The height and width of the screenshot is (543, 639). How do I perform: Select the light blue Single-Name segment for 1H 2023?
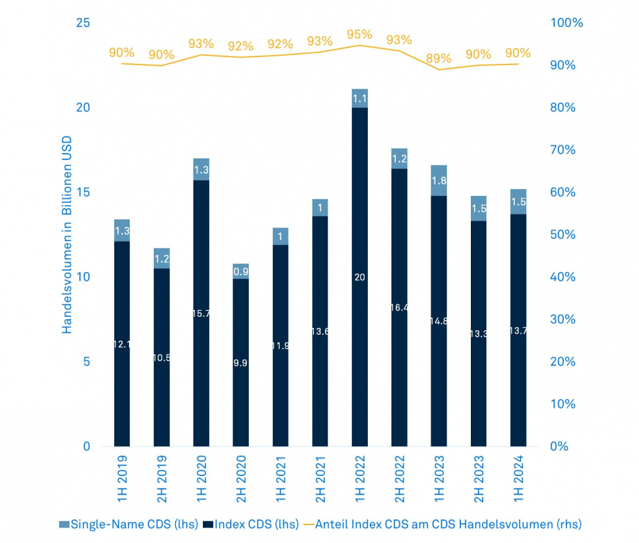coord(439,180)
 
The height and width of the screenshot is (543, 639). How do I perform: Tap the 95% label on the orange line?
coord(360,34)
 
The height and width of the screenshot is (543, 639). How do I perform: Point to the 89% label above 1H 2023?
coord(439,59)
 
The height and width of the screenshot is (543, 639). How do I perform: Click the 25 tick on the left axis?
coord(83,23)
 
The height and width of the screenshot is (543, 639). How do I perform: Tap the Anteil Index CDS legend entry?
coord(443,524)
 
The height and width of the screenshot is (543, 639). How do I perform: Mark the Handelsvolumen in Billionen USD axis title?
coord(67,235)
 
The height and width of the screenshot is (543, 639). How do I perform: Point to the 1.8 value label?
coord(439,182)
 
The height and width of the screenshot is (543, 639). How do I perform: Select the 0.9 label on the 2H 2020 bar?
coord(241,271)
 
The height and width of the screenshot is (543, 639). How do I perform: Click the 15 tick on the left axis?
coord(83,192)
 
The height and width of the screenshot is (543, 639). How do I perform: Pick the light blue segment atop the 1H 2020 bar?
coord(201,169)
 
